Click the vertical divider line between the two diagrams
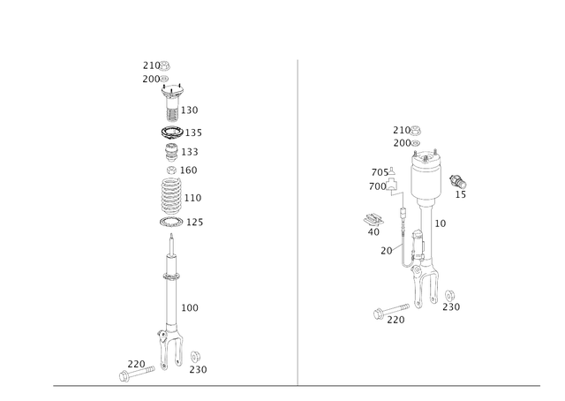297,221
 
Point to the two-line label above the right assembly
407,135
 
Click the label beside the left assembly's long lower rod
190,306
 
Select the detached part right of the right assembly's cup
458,183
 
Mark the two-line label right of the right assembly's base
449,300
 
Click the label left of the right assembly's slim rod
385,250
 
